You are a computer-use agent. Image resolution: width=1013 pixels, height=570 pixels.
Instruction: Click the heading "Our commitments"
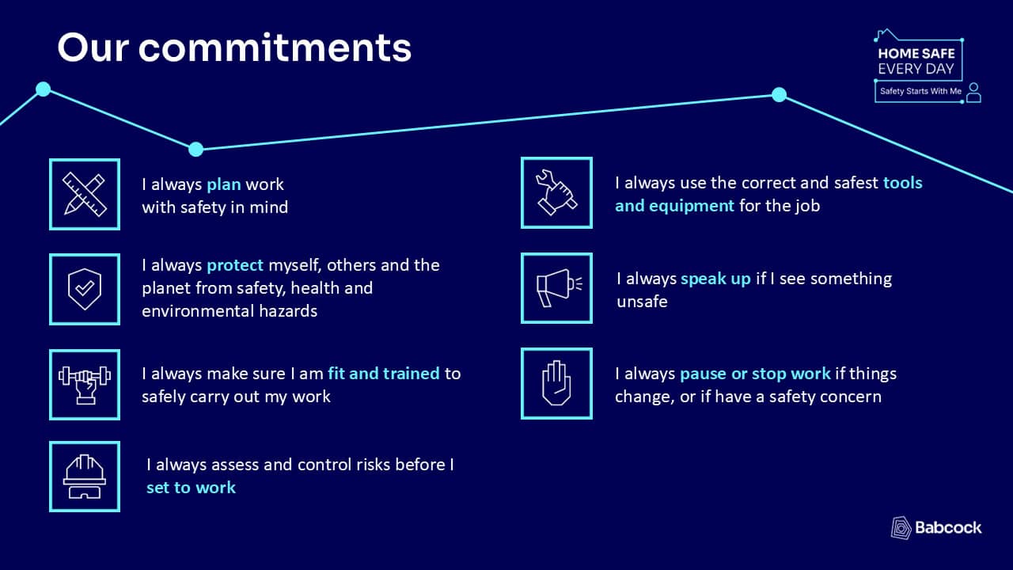(x=234, y=47)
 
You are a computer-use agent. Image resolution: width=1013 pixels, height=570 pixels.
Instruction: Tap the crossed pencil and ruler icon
(x=85, y=194)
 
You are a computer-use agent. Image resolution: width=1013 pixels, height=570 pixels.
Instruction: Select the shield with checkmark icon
(x=85, y=289)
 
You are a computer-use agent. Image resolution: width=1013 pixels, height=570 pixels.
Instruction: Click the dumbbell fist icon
(x=85, y=385)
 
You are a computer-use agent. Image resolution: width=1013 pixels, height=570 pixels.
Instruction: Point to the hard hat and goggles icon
(x=85, y=477)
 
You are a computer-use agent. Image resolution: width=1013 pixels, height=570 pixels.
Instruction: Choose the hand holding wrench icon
(x=556, y=192)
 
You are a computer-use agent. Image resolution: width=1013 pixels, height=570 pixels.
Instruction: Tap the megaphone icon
(x=559, y=287)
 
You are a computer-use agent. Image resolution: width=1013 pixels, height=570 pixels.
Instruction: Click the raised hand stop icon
(x=556, y=383)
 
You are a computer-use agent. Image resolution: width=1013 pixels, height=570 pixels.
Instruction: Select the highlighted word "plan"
(x=224, y=185)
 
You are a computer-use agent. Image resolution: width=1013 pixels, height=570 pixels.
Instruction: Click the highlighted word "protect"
(x=235, y=265)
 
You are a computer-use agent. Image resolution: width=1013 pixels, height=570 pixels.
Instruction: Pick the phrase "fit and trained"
(x=384, y=374)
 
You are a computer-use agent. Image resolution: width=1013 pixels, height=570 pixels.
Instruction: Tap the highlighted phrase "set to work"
(x=191, y=488)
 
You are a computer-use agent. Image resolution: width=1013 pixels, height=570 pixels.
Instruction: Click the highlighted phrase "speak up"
(x=715, y=279)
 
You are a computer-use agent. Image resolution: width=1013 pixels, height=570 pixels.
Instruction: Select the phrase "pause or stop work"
(x=755, y=374)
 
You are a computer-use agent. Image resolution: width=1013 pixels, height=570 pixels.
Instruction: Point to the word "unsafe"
(x=642, y=302)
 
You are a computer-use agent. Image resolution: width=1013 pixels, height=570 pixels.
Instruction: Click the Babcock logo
(x=936, y=528)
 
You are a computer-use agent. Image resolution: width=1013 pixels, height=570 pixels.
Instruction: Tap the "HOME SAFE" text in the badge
(x=916, y=54)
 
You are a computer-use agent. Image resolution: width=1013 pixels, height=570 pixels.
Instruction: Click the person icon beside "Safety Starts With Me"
(x=973, y=93)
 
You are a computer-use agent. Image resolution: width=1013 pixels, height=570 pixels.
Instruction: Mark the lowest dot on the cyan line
(x=195, y=149)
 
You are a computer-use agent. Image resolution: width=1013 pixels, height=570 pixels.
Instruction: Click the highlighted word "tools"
(x=903, y=183)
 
